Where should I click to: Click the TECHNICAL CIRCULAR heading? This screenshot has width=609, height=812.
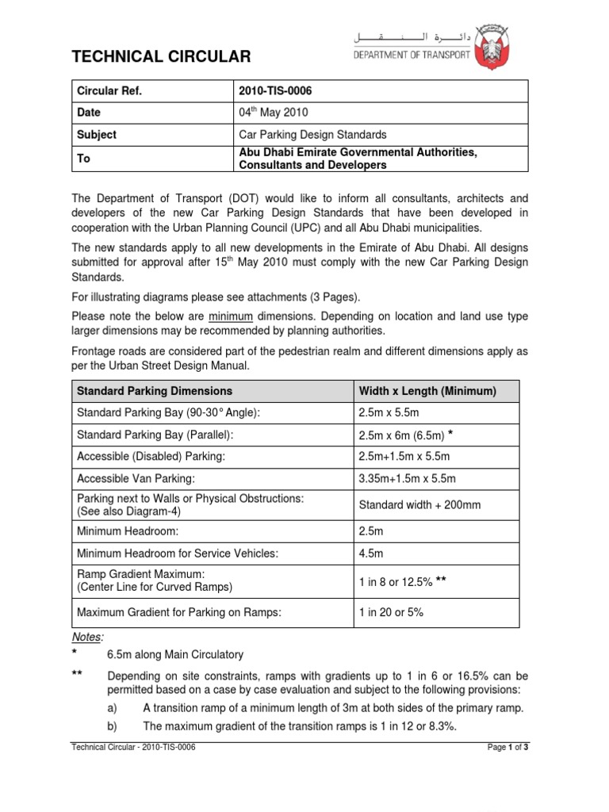pos(162,56)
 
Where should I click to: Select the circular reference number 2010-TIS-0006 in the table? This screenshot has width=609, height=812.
pos(277,90)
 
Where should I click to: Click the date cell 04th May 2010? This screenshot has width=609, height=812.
pos(274,113)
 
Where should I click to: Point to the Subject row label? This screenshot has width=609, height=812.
pos(96,135)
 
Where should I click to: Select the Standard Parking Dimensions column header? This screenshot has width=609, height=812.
pos(154,391)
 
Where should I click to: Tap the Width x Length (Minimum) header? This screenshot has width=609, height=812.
pos(427,391)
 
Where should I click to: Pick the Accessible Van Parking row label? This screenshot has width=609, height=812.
pos(133,478)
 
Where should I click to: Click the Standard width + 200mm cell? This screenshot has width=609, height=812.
pos(419,504)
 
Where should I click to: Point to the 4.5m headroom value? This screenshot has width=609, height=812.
pos(370,553)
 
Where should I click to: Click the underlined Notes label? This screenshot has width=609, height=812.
pos(88,637)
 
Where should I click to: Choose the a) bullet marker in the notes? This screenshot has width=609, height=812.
pos(112,708)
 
